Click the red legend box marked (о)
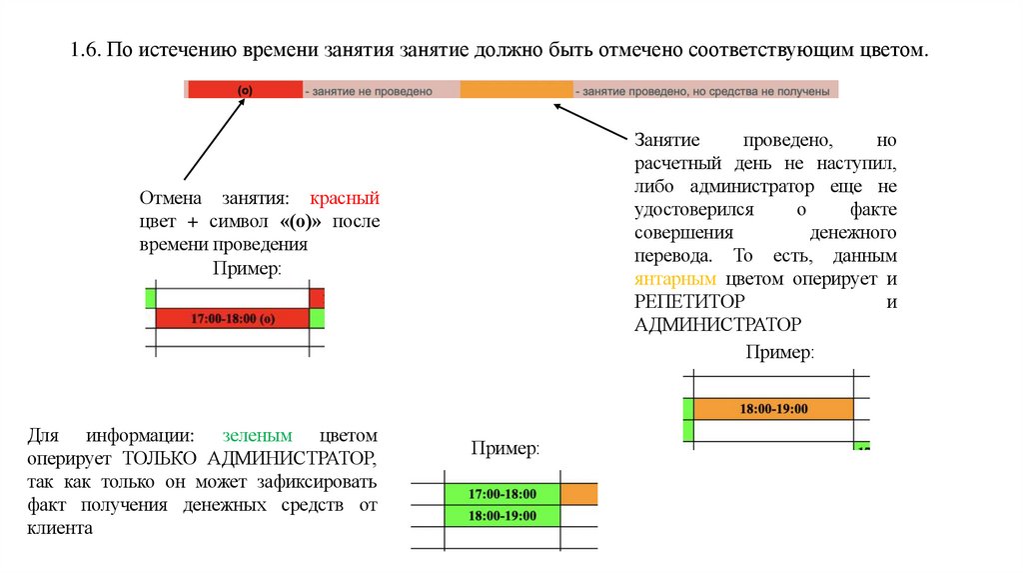coord(245,90)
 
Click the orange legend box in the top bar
coord(516,90)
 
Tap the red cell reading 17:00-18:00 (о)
coord(232,319)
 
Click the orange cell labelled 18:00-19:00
coord(773,408)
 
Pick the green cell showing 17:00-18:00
coord(502,494)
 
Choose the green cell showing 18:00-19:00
coord(502,516)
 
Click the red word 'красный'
coord(345,199)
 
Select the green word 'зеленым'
coord(257,436)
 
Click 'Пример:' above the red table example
coord(247,269)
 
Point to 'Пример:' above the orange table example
coord(780,352)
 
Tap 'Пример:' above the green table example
coord(506,448)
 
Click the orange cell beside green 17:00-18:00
coord(579,494)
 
